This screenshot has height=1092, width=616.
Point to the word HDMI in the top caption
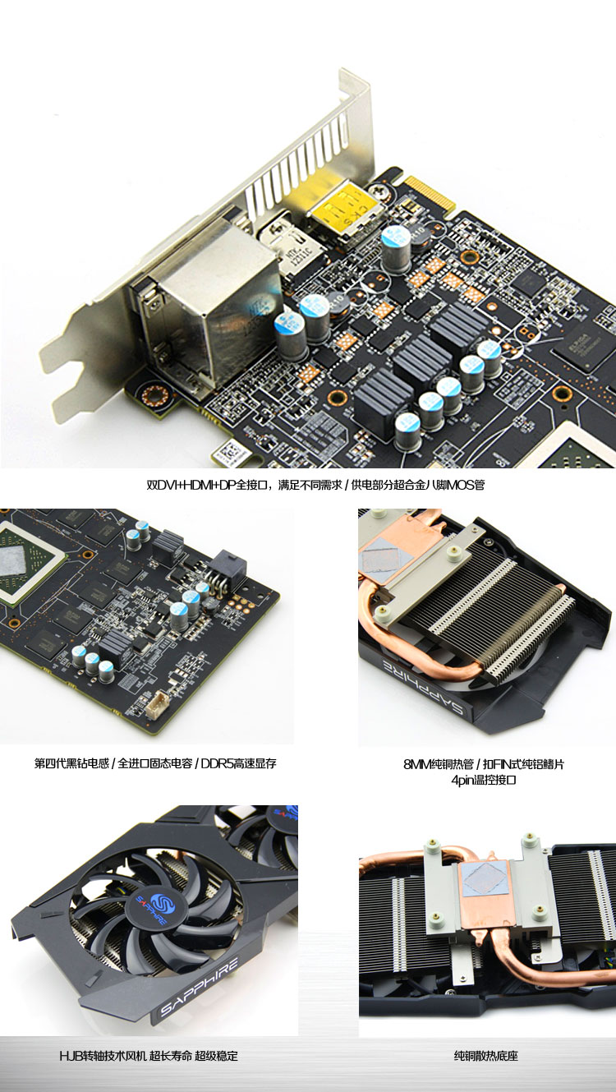(x=197, y=485)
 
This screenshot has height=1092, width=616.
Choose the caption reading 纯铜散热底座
(x=486, y=1056)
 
